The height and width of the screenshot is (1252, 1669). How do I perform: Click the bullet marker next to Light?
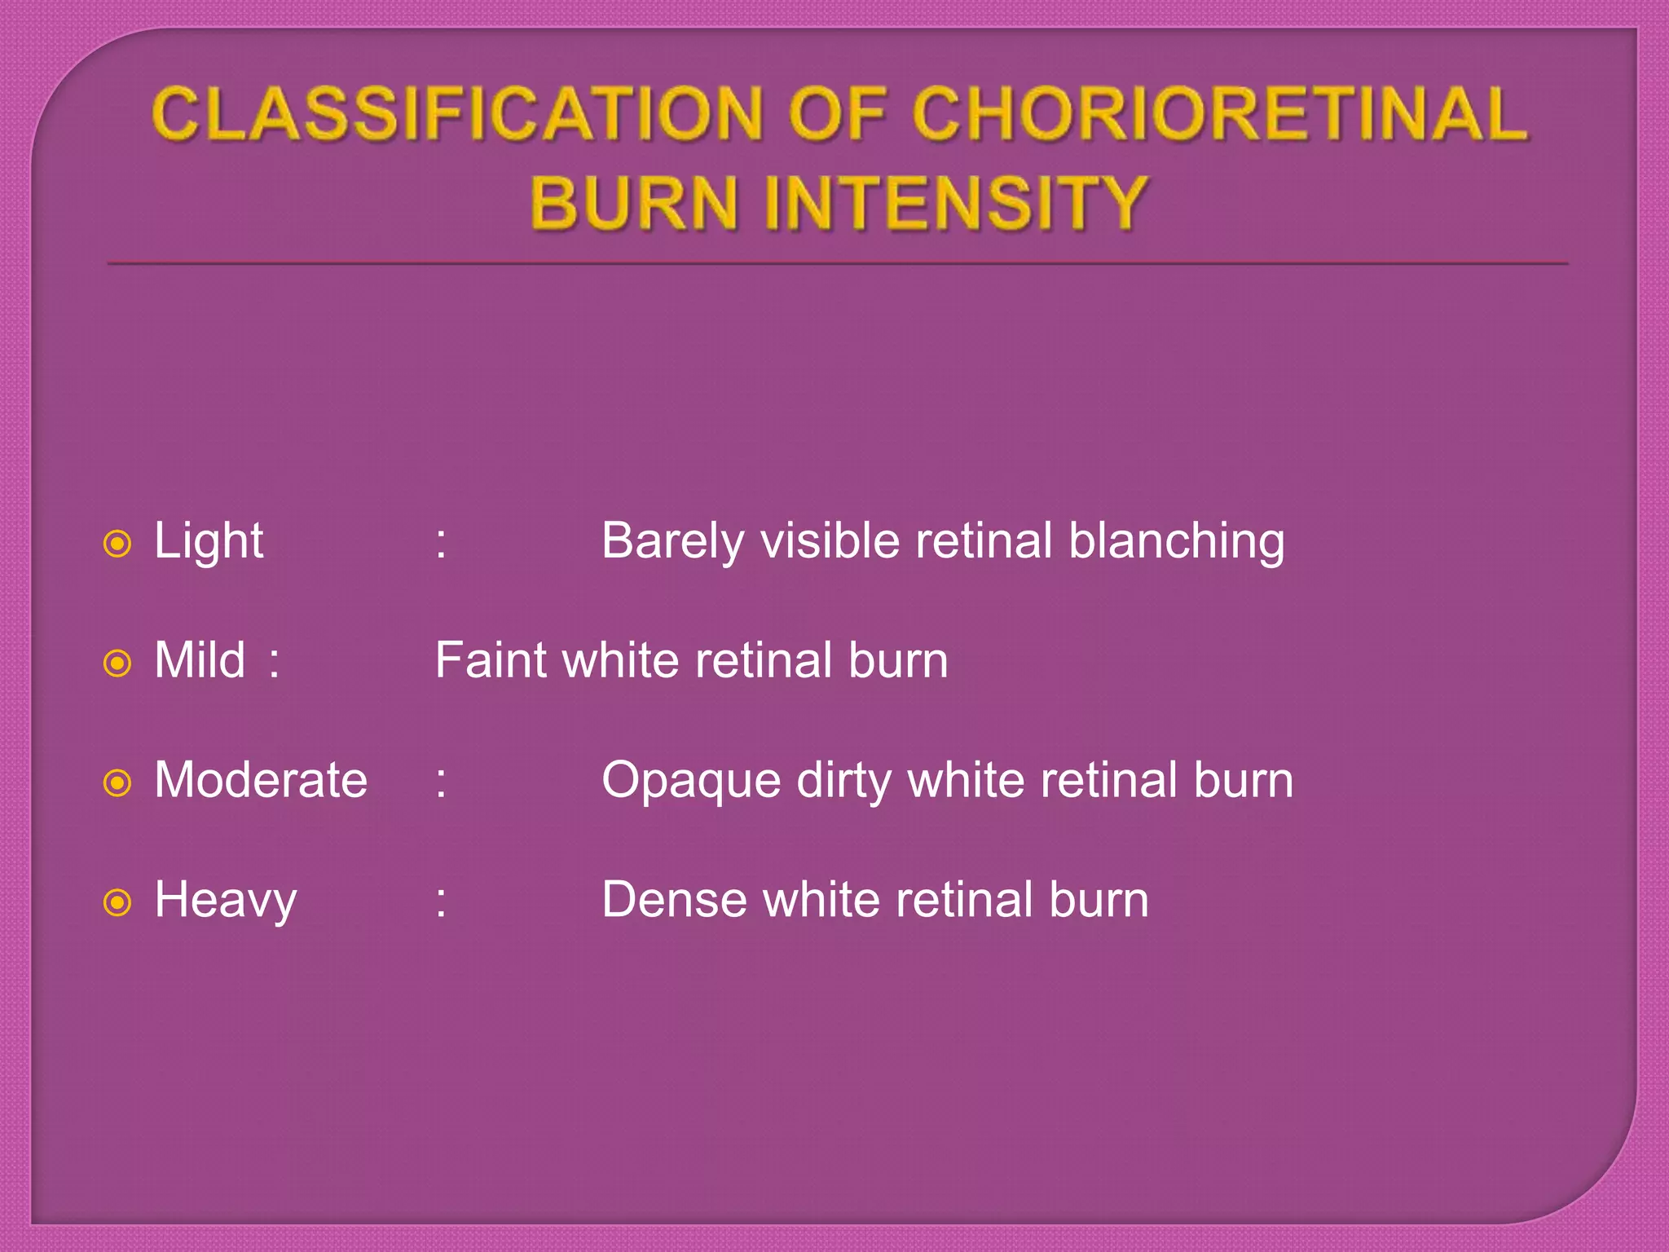118,544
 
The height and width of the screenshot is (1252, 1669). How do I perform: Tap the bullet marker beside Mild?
118,663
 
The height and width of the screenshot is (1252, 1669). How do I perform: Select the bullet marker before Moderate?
118,783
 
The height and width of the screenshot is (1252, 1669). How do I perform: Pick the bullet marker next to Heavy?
118,902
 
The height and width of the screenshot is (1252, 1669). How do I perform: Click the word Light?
209,541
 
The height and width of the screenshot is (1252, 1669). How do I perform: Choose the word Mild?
200,660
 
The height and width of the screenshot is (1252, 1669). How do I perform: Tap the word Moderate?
261,780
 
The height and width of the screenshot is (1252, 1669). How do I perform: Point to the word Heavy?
226,901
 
